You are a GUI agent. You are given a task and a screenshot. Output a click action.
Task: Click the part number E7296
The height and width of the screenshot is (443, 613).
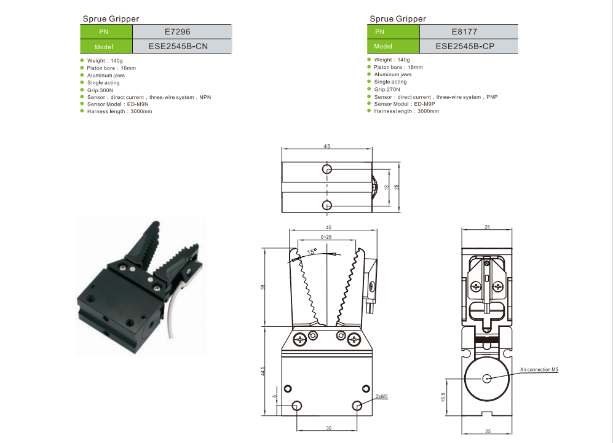click(182, 31)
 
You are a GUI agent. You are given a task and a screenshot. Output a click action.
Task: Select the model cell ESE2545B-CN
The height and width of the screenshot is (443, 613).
click(182, 46)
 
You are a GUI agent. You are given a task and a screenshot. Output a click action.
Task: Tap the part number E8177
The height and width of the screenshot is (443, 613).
click(468, 31)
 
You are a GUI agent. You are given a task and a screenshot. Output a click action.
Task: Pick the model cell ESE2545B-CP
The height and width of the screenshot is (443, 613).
click(468, 46)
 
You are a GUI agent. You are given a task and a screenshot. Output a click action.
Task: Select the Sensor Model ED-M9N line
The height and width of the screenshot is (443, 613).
click(115, 104)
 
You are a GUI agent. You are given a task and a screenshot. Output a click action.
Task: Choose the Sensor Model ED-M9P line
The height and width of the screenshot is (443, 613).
click(405, 104)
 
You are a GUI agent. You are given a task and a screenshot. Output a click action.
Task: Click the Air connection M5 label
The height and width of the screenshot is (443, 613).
click(539, 370)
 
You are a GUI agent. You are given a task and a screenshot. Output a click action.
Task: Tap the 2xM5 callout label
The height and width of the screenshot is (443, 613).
click(382, 397)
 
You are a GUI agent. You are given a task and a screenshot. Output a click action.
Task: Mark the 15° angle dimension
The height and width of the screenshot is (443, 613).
click(312, 252)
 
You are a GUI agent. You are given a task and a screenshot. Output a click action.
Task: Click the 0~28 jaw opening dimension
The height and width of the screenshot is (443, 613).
click(326, 237)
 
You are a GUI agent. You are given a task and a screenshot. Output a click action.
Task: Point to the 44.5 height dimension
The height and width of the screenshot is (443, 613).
click(263, 371)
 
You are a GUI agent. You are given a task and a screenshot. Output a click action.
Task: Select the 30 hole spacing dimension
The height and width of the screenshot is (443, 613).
click(328, 428)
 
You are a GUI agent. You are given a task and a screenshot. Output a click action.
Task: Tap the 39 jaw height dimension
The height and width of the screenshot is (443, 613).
click(263, 287)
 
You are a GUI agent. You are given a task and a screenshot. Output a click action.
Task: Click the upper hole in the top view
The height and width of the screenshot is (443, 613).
click(327, 169)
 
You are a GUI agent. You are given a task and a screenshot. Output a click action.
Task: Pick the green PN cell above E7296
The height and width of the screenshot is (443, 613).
click(106, 31)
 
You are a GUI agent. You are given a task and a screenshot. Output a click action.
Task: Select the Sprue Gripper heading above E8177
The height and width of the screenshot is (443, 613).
click(397, 19)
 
